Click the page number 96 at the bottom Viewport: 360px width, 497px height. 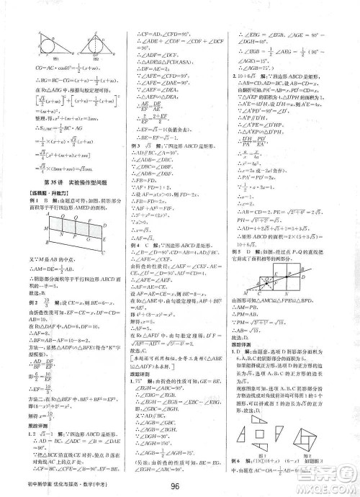point(179,484)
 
